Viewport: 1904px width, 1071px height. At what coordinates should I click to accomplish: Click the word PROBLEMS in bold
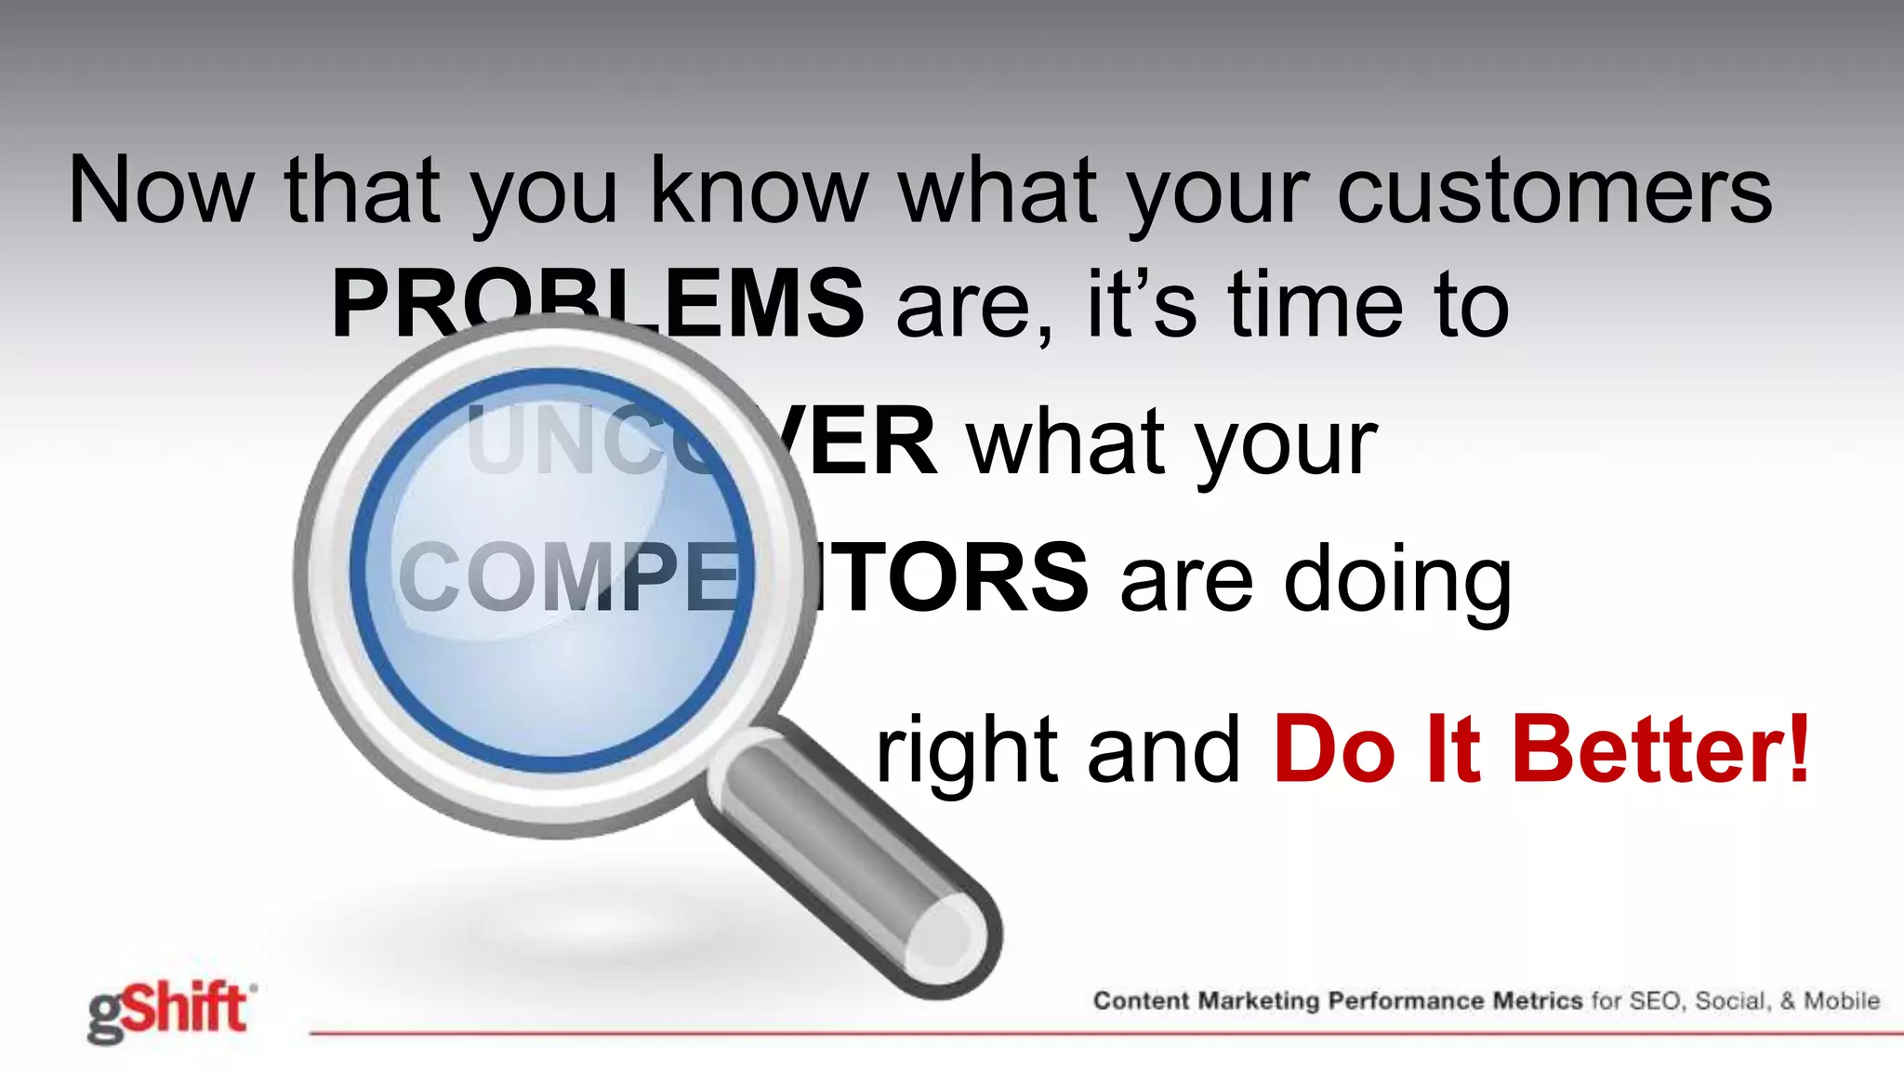pyautogui.click(x=597, y=303)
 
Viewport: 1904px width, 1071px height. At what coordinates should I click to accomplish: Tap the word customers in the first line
pyautogui.click(x=1554, y=192)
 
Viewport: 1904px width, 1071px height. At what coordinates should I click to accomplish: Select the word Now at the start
pyautogui.click(x=161, y=192)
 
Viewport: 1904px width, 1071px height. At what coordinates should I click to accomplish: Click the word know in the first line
pyautogui.click(x=759, y=192)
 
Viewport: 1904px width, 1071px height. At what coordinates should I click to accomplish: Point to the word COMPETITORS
pyautogui.click(x=742, y=578)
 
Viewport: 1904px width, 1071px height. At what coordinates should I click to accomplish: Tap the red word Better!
pyautogui.click(x=1662, y=749)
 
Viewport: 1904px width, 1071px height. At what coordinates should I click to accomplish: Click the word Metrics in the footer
pyautogui.click(x=1538, y=1001)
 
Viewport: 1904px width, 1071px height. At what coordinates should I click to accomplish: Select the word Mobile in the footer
pyautogui.click(x=1842, y=1001)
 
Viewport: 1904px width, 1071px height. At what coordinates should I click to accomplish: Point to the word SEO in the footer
pyautogui.click(x=1657, y=1001)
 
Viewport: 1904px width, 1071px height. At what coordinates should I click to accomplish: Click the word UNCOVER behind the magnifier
pyautogui.click(x=701, y=442)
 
